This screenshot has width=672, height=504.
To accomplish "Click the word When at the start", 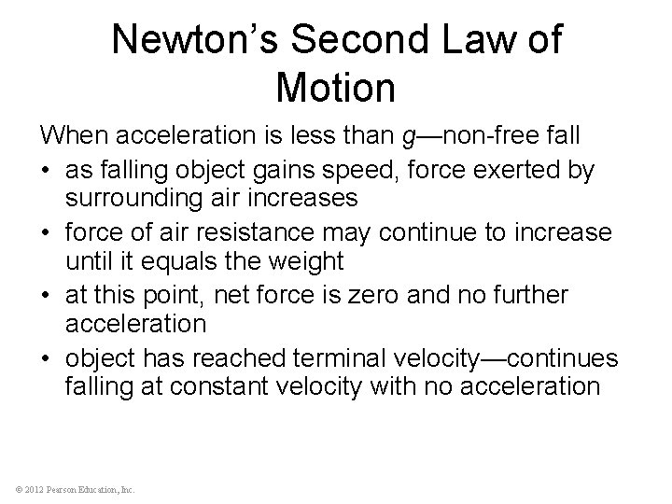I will (x=73, y=136).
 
